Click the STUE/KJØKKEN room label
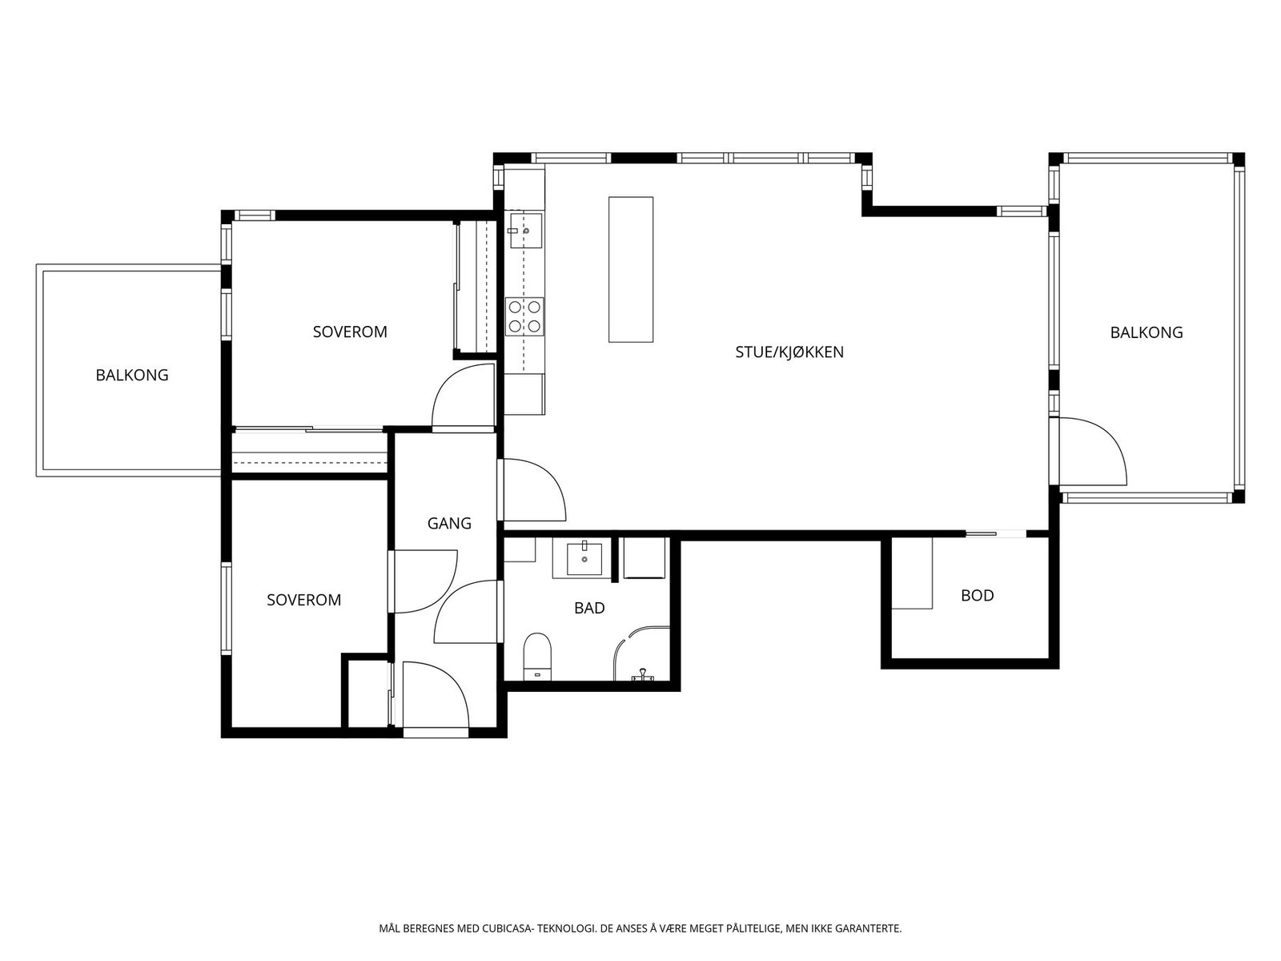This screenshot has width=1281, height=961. point(789,352)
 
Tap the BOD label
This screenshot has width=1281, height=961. point(977,596)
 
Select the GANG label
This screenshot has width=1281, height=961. point(449,524)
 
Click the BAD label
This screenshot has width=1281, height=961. point(589,609)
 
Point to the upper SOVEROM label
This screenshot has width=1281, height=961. point(350,332)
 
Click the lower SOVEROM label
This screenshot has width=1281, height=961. point(303,600)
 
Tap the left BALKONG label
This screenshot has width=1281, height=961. point(132,375)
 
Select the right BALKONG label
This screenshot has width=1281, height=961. point(1146,332)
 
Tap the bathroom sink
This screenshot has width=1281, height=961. point(584,557)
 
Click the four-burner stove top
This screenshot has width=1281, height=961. point(524,316)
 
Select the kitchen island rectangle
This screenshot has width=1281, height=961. point(630,269)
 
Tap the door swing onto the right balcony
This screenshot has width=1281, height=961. point(1093,452)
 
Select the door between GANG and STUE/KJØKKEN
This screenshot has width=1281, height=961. point(532,490)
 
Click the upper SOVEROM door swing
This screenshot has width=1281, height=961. point(465,397)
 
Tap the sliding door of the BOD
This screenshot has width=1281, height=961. point(995,533)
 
